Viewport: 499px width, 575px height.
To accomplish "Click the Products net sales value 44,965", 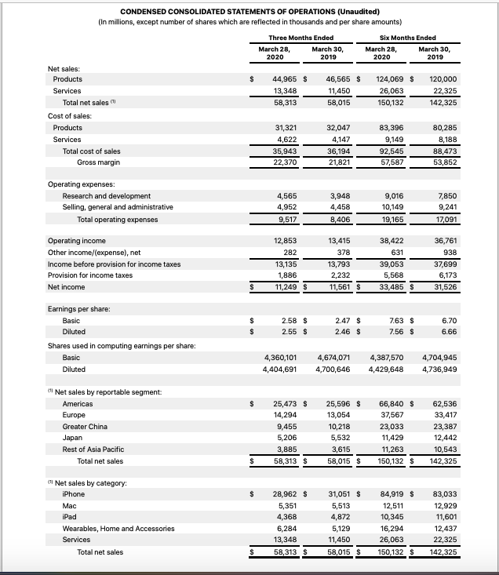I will click(282, 79).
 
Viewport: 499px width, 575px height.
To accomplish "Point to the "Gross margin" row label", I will click(98, 162).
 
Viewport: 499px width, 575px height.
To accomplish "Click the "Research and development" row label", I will click(107, 196).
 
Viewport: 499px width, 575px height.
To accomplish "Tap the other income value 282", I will click(288, 253).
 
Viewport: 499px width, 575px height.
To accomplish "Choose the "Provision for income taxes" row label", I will click(90, 276).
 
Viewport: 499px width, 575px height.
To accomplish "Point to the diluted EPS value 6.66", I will click(450, 333).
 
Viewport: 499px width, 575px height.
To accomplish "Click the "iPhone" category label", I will click(74, 494).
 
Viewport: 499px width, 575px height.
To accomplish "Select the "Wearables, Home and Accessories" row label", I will click(118, 529).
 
